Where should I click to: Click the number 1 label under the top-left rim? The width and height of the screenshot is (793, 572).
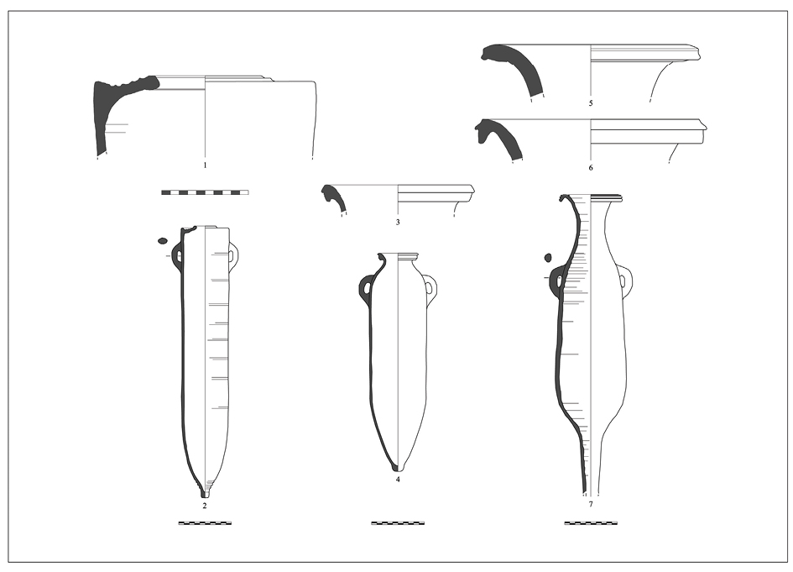tap(205, 165)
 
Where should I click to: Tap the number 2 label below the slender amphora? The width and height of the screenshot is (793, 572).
tap(205, 505)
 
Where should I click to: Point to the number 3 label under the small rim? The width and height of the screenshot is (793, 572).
tap(398, 222)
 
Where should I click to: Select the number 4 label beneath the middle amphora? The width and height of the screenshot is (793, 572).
tap(398, 479)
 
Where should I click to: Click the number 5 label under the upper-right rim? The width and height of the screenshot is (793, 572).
tap(591, 103)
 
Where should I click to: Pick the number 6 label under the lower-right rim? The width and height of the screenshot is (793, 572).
tap(591, 167)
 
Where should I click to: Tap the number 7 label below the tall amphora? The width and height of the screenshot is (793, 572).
tap(591, 504)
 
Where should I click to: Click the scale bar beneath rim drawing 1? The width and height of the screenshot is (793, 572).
tap(205, 192)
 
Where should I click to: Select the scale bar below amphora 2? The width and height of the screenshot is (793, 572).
tap(205, 523)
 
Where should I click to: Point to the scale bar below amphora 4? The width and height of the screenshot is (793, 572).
tap(398, 523)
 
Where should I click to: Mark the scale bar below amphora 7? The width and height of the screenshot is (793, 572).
tap(591, 523)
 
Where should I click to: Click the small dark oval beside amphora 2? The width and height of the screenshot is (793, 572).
tap(163, 240)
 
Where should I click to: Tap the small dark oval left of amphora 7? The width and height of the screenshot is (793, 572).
tap(548, 258)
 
